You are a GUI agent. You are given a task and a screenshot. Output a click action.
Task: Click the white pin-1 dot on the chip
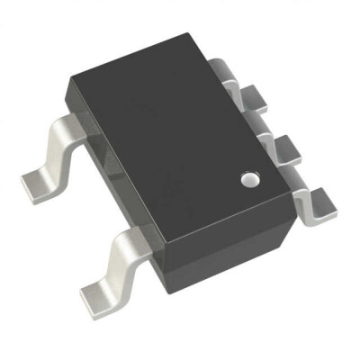(x=250, y=180)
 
